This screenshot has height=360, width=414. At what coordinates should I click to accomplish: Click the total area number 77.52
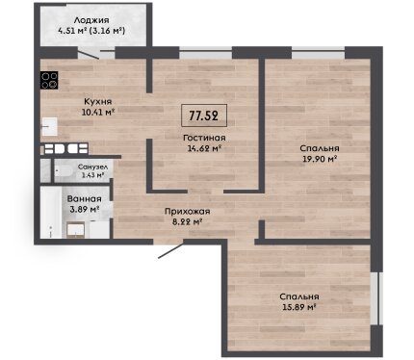[204, 116]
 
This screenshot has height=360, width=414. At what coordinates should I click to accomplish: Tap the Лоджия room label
[91, 20]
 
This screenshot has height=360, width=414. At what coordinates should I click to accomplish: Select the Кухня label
[98, 102]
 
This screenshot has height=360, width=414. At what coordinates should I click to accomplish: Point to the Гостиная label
[204, 138]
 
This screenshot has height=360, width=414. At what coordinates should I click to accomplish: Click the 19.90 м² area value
[320, 159]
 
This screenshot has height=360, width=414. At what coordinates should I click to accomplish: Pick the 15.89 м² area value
[298, 307]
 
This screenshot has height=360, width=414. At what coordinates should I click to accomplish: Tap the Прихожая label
[188, 212]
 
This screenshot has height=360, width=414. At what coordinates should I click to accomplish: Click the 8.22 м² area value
[187, 221]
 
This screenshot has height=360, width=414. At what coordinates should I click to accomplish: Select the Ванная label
[85, 199]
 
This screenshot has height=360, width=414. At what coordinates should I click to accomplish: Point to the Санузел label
[92, 167]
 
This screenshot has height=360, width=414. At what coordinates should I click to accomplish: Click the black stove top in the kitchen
[49, 80]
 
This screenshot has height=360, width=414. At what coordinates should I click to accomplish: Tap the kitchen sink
[49, 127]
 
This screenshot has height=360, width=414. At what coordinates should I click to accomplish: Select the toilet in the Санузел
[62, 171]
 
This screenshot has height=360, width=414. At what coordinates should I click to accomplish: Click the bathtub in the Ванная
[51, 213]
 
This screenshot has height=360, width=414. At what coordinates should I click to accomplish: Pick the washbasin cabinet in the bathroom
[76, 230]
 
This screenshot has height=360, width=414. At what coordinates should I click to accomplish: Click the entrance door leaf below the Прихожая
[171, 250]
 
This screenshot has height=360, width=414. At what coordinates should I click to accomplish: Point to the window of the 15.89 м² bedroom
[375, 299]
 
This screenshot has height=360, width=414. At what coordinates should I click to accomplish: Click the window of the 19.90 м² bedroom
[318, 53]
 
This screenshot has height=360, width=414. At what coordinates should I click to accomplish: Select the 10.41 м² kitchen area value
[98, 113]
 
